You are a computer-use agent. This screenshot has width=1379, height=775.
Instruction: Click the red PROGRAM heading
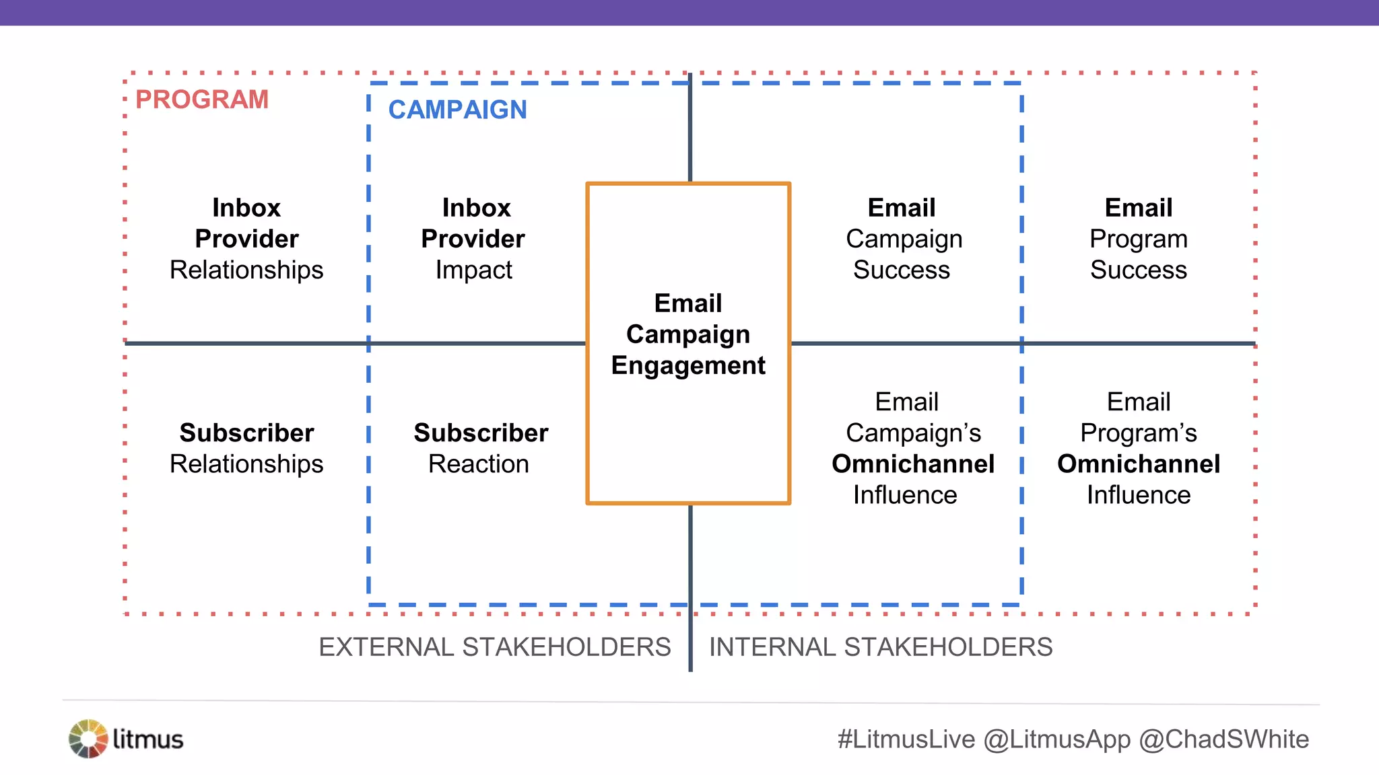(x=202, y=100)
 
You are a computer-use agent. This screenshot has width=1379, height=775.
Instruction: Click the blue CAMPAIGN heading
(x=457, y=110)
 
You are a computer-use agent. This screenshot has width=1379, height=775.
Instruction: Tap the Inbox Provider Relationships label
(x=246, y=239)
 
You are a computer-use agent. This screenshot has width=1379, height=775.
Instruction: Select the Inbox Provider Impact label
(x=474, y=239)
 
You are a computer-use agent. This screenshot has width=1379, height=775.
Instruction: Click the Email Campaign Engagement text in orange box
(x=688, y=334)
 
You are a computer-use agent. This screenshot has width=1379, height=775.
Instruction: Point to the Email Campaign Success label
(x=903, y=239)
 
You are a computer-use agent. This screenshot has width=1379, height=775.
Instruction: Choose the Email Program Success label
(x=1139, y=239)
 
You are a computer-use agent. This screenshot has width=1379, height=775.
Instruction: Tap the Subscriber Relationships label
(x=246, y=448)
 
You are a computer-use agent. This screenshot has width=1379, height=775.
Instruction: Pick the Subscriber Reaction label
(x=480, y=448)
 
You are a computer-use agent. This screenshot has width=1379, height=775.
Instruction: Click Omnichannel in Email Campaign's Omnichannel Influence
(x=913, y=464)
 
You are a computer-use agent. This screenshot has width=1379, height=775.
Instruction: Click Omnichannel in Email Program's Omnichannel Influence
(x=1139, y=464)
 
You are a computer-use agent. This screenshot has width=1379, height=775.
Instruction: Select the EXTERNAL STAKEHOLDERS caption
(x=495, y=647)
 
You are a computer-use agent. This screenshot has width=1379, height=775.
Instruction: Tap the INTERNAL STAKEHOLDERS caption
(x=881, y=647)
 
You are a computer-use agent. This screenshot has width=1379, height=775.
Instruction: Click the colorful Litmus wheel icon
(x=88, y=739)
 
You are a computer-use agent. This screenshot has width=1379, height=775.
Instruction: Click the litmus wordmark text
(x=148, y=739)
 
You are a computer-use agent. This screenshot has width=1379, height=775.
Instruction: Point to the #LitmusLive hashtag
(x=906, y=739)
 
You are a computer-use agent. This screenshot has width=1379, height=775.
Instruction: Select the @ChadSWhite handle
(x=1224, y=739)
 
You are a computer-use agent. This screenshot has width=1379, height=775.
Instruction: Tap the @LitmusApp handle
(x=1057, y=739)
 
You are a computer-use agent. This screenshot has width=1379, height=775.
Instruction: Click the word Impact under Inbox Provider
(x=474, y=270)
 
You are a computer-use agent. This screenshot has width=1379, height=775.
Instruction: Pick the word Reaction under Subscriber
(x=479, y=464)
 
